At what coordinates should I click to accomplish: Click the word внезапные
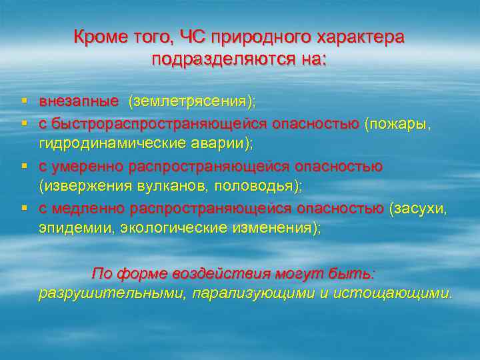(x=78, y=102)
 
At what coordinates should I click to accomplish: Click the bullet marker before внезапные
(x=24, y=101)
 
